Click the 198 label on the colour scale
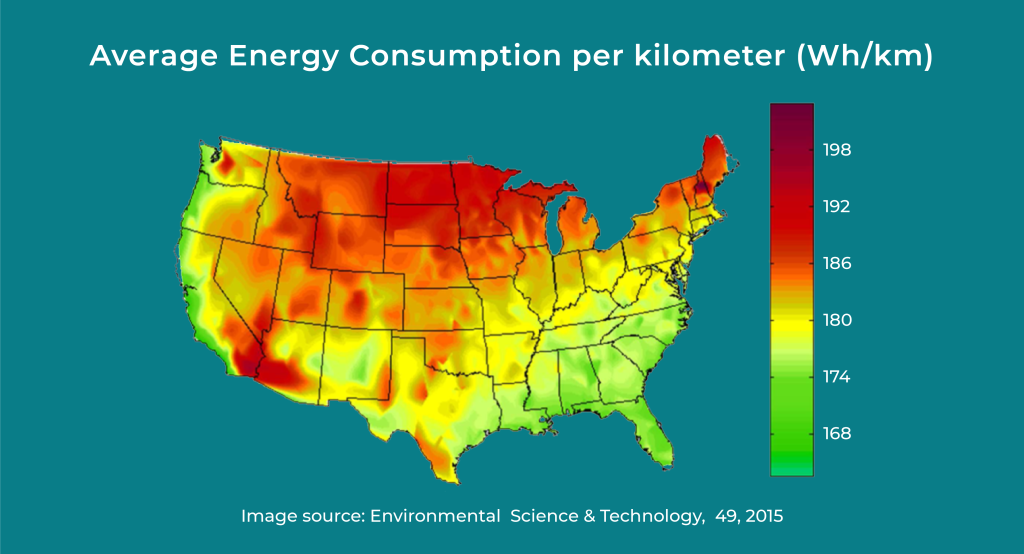point(837,150)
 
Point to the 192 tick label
point(837,206)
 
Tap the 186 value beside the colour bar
point(837,263)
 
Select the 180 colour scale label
point(837,320)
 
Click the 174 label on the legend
point(837,377)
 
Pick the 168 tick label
point(837,434)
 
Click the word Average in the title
point(154,56)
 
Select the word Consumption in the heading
point(455,57)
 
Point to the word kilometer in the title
point(710,56)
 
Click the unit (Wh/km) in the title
point(865,57)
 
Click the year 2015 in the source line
point(763,516)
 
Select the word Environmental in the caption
point(435,516)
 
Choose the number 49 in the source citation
point(726,517)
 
